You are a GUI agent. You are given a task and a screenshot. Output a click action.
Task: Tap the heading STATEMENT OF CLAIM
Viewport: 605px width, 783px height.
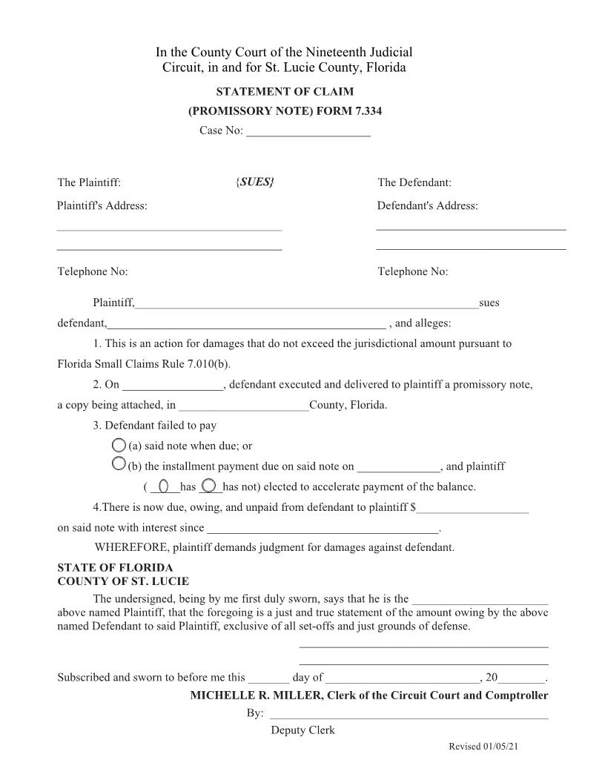(x=285, y=92)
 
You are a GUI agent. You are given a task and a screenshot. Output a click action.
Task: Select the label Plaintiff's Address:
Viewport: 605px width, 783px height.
(x=102, y=205)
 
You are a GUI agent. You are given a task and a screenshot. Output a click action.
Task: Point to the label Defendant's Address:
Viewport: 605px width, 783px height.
(x=427, y=205)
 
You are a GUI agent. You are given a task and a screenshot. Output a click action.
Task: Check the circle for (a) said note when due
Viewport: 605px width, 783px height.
(x=119, y=446)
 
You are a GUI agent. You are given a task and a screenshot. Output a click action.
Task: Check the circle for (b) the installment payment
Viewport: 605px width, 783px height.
(x=119, y=465)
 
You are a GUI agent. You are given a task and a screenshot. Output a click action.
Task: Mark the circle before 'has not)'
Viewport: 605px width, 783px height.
(x=209, y=486)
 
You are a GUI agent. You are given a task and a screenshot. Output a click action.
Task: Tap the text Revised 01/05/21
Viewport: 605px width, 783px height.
(x=483, y=747)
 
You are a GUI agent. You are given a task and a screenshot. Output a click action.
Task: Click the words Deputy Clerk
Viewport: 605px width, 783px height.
(x=302, y=730)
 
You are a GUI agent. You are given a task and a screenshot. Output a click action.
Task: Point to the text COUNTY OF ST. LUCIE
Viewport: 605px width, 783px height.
(x=123, y=581)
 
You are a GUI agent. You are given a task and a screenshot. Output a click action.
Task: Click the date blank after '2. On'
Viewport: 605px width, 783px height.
(x=172, y=385)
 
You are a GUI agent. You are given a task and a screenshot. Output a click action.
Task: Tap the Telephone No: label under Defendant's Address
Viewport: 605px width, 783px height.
(x=412, y=271)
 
